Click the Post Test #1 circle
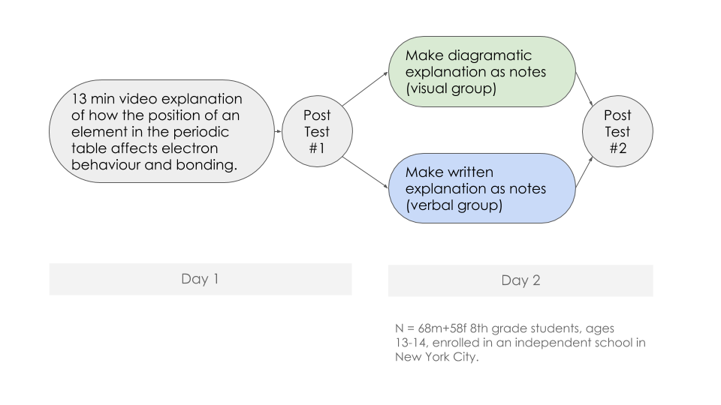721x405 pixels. pyautogui.click(x=316, y=132)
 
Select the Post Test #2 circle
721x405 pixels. pyautogui.click(x=617, y=132)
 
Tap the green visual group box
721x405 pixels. pyautogui.click(x=481, y=72)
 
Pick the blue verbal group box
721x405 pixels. pyautogui.click(x=481, y=188)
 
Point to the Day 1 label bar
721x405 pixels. pyautogui.click(x=200, y=279)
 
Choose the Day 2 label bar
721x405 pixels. pyautogui.click(x=520, y=280)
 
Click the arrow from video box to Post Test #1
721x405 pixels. pyautogui.click(x=277, y=132)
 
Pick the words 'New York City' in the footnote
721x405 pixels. pyautogui.click(x=433, y=357)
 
